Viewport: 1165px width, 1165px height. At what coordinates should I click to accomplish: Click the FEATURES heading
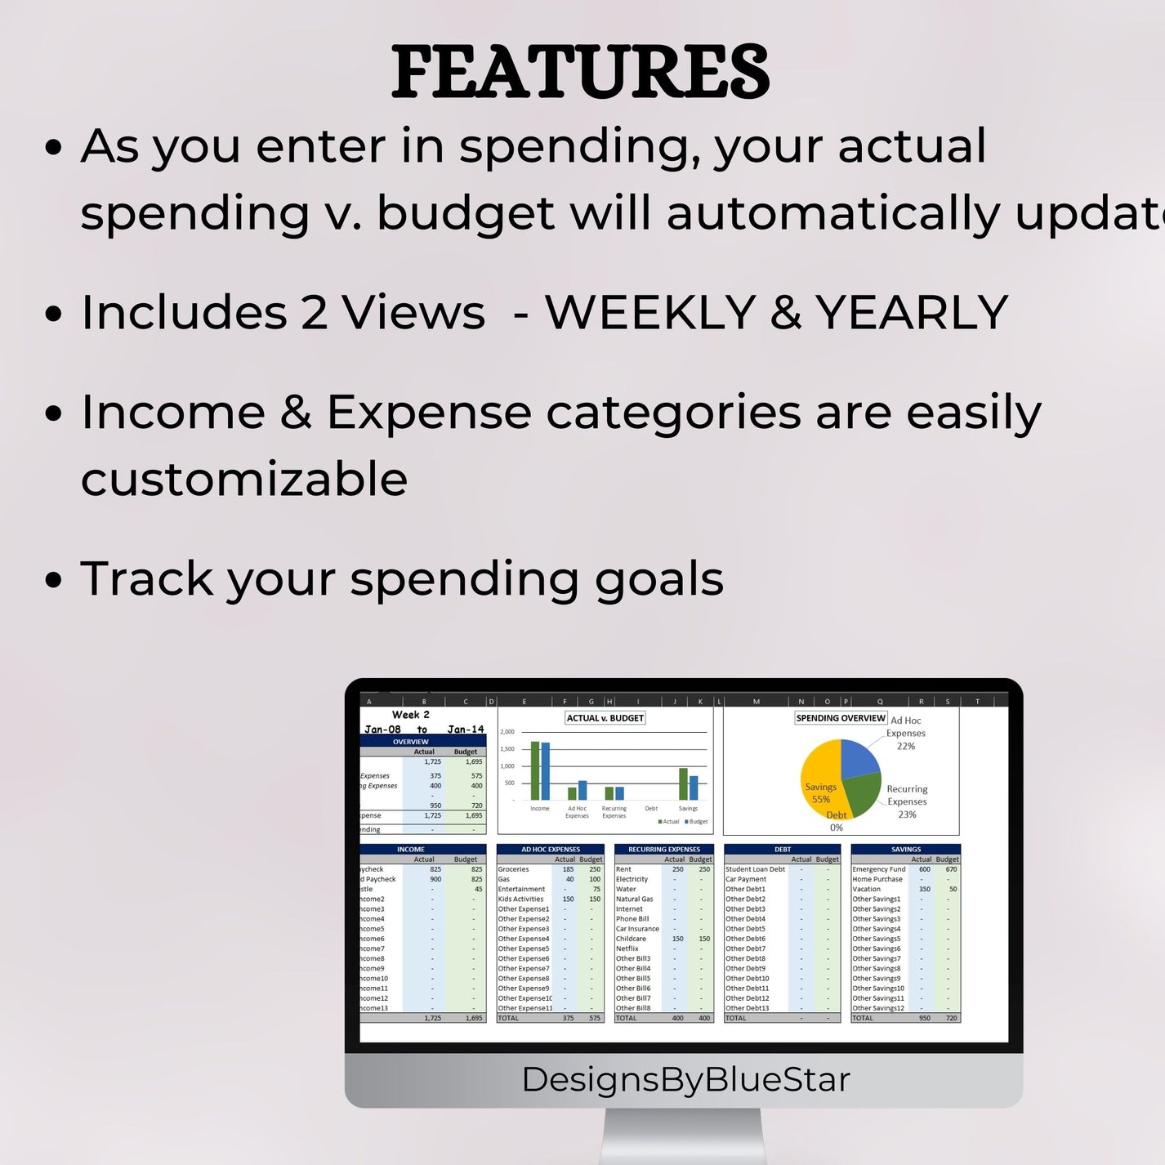pos(580,72)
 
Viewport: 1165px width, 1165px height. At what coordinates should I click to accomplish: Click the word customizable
pos(244,479)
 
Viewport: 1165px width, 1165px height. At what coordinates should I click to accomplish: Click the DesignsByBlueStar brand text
pos(685,1079)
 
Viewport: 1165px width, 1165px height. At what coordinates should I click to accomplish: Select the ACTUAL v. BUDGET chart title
pos(605,718)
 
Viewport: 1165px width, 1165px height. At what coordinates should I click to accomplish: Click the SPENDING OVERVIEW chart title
pos(841,718)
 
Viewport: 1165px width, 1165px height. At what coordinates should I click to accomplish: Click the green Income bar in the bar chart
pos(535,770)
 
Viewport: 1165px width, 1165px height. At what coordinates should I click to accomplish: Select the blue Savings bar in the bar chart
pos(694,788)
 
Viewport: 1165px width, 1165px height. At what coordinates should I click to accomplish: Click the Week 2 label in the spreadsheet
pos(410,714)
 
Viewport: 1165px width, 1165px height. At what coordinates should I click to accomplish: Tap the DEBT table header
pos(782,850)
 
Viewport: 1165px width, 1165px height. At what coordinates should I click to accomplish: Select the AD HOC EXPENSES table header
pos(551,850)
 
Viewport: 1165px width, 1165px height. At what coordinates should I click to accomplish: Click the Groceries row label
pos(514,869)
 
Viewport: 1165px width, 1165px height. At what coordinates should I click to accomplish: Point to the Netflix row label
pos(627,949)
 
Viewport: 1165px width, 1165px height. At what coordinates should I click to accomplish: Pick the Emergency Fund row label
pos(878,869)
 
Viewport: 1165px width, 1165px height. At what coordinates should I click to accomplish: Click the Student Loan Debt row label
pos(755,869)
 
